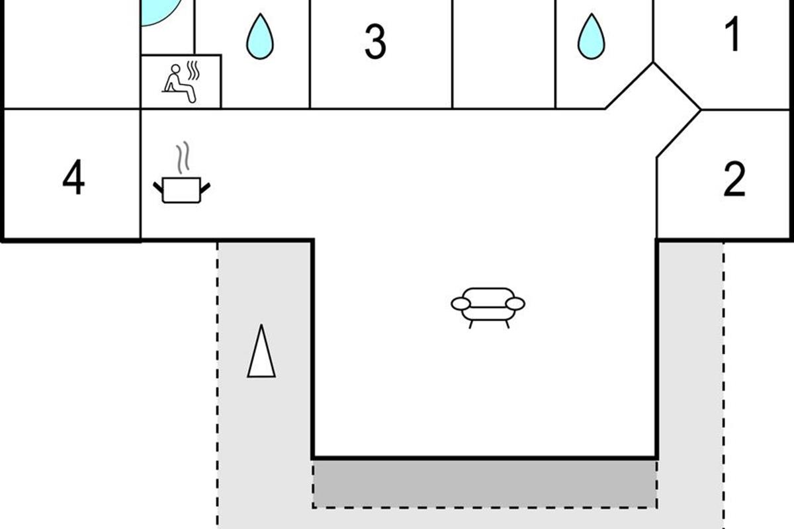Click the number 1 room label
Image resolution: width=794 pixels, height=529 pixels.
point(732,34)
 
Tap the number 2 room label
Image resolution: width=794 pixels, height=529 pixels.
point(734,179)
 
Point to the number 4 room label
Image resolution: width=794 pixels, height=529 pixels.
point(73,179)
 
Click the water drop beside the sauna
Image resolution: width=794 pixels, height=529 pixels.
point(260,37)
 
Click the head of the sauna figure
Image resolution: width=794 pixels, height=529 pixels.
point(176,69)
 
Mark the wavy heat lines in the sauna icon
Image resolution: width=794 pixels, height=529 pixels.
point(193,71)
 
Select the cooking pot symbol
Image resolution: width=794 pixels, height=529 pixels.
point(181,190)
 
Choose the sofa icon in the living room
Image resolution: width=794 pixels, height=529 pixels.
point(488,305)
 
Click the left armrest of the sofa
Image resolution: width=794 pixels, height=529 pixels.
point(461,304)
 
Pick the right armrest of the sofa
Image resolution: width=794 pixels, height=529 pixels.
point(515,304)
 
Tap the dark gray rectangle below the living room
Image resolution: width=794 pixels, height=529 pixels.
point(484,483)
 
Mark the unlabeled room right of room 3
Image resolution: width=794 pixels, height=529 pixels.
point(504,53)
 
